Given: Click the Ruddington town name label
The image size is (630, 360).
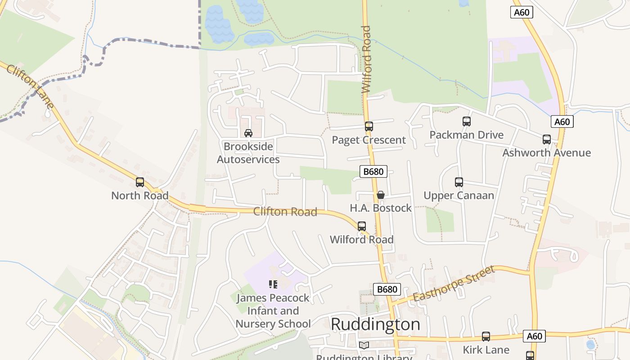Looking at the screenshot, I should pyautogui.click(x=375, y=324).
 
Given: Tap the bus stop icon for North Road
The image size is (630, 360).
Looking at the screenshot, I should pyautogui.click(x=140, y=182).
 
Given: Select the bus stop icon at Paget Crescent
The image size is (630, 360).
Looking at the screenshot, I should pyautogui.click(x=369, y=126).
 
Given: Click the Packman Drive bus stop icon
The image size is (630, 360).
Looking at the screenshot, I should pyautogui.click(x=467, y=121).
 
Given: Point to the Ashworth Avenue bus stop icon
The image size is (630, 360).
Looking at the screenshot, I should pyautogui.click(x=547, y=139).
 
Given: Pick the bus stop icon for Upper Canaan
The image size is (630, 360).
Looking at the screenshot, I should pyautogui.click(x=459, y=182).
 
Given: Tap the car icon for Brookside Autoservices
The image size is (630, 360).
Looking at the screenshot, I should pyautogui.click(x=248, y=133).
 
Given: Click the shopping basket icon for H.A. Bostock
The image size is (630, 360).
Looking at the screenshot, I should pyautogui.click(x=381, y=195).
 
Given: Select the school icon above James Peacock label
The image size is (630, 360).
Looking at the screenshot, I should pyautogui.click(x=273, y=284).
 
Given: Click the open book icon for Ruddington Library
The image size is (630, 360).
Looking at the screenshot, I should pyautogui.click(x=364, y=345).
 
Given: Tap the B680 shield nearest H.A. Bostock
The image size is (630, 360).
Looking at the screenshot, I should pyautogui.click(x=373, y=171).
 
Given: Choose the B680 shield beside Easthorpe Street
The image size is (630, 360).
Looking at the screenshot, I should pyautogui.click(x=387, y=289).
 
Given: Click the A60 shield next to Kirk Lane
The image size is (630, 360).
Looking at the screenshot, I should pyautogui.click(x=534, y=336).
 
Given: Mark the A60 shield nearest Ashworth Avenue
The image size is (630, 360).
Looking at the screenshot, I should pyautogui.click(x=562, y=121).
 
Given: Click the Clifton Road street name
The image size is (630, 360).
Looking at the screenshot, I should pyautogui.click(x=285, y=211).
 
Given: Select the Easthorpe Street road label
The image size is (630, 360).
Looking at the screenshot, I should pyautogui.click(x=454, y=284).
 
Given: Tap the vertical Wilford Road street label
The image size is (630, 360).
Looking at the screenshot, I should pyautogui.click(x=367, y=59).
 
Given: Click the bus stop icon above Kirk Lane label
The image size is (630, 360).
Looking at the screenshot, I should pyautogui.click(x=486, y=336).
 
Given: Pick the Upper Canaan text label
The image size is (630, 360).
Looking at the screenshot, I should pyautogui.click(x=459, y=195).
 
